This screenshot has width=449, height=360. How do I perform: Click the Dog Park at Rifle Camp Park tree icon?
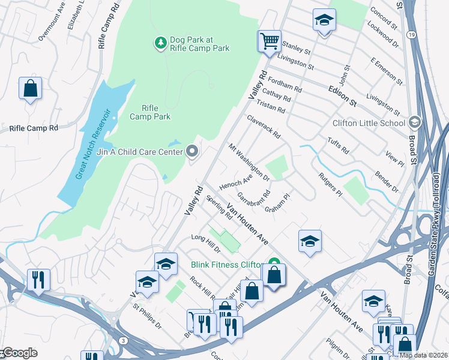click(x=160, y=43)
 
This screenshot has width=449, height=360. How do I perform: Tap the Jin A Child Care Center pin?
click(x=192, y=151)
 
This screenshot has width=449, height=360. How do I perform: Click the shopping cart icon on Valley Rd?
click(x=270, y=41)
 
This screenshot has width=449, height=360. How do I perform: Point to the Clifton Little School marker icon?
click(x=414, y=123)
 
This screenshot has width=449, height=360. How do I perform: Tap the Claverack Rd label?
click(x=263, y=127)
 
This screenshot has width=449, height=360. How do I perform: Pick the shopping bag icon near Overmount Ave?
click(x=30, y=89)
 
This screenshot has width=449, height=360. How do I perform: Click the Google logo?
click(x=19, y=353)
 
